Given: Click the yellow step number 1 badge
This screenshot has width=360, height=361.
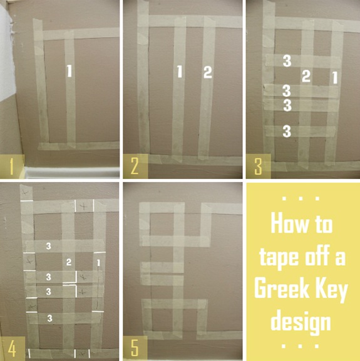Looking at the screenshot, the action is click(12, 166).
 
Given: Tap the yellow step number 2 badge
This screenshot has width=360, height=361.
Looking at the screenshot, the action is click(135, 166).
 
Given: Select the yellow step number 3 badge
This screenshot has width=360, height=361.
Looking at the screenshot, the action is click(259, 166).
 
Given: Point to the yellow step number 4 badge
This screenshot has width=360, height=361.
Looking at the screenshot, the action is click(12, 348).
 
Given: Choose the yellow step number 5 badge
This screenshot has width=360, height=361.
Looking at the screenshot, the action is click(135, 348).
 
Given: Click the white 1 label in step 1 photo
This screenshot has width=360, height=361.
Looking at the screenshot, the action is click(69, 71).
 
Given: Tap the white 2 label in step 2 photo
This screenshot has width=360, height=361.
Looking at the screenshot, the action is click(207, 72).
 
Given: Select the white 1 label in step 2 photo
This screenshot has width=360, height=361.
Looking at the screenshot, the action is click(180, 71).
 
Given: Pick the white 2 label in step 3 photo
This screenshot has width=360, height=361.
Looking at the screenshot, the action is click(306, 76).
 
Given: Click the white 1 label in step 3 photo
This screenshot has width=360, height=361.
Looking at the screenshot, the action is click(335, 78).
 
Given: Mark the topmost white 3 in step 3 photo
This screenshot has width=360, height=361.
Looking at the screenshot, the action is click(287, 61).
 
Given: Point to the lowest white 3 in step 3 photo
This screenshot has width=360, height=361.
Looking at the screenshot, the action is click(287, 131).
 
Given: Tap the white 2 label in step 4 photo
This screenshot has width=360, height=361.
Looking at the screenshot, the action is click(69, 262).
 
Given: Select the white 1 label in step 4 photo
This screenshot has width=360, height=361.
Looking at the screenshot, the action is click(98, 263).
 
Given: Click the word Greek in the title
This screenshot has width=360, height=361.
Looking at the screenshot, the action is click(282, 288).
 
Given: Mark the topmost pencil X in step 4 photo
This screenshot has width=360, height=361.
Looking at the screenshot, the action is click(25, 192).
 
